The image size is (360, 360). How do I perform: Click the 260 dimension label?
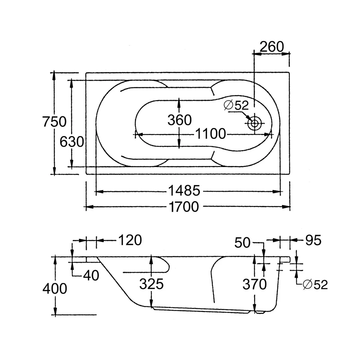point(272,46)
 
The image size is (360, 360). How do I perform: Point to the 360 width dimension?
point(180,120)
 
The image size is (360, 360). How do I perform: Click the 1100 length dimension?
point(211,134)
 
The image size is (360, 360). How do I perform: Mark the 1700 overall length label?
point(183,207)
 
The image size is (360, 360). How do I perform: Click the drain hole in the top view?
point(255,123)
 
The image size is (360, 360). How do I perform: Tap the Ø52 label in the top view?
point(236,105)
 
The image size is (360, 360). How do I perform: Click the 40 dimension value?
point(91,275)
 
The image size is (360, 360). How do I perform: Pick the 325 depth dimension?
point(152,284)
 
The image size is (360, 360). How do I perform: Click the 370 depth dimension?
point(254,284)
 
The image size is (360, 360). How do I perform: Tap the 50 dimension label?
point(242,242)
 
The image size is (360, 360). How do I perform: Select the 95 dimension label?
point(312,240)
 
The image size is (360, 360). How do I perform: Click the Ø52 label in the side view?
point(315,284)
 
